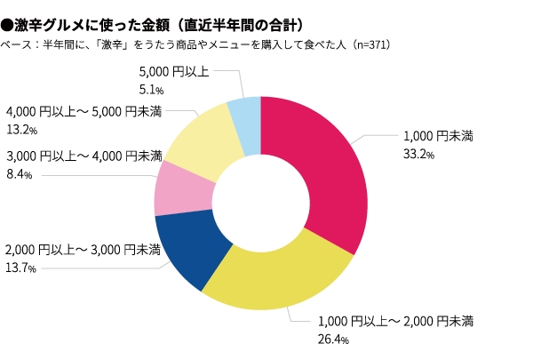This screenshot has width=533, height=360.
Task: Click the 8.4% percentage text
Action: point(20,175)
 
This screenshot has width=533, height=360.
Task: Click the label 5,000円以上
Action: point(173,71)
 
